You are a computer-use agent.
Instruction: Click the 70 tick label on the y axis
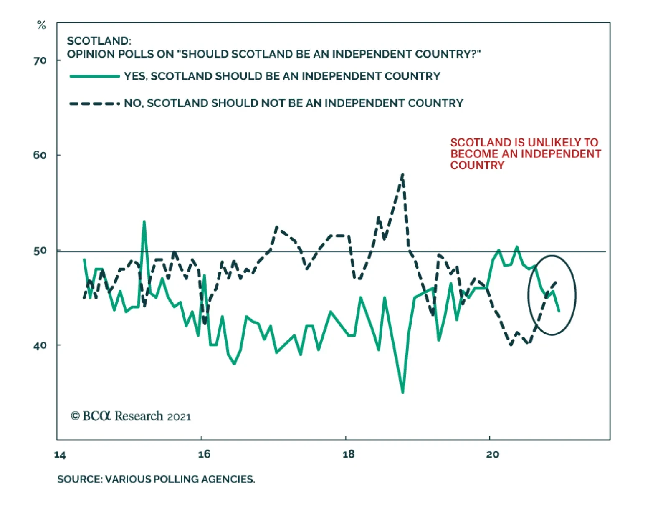point(40,61)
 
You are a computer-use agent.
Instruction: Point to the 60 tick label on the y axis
point(40,155)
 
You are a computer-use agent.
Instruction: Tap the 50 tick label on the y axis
point(40,251)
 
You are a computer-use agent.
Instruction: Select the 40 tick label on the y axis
point(40,345)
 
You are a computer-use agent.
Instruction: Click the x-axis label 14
point(60,455)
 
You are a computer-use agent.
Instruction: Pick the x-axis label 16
point(204,454)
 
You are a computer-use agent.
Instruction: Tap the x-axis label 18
point(348,454)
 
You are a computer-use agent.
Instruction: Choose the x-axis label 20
point(493,454)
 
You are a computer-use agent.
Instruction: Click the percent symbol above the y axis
point(41,25)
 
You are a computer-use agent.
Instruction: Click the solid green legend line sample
point(95,76)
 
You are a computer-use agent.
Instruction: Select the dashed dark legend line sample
point(95,103)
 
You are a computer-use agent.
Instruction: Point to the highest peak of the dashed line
point(402,174)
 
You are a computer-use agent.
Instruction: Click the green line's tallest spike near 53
point(144,222)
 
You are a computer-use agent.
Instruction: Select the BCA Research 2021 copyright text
point(131,416)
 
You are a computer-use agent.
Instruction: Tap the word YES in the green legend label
point(135,76)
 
